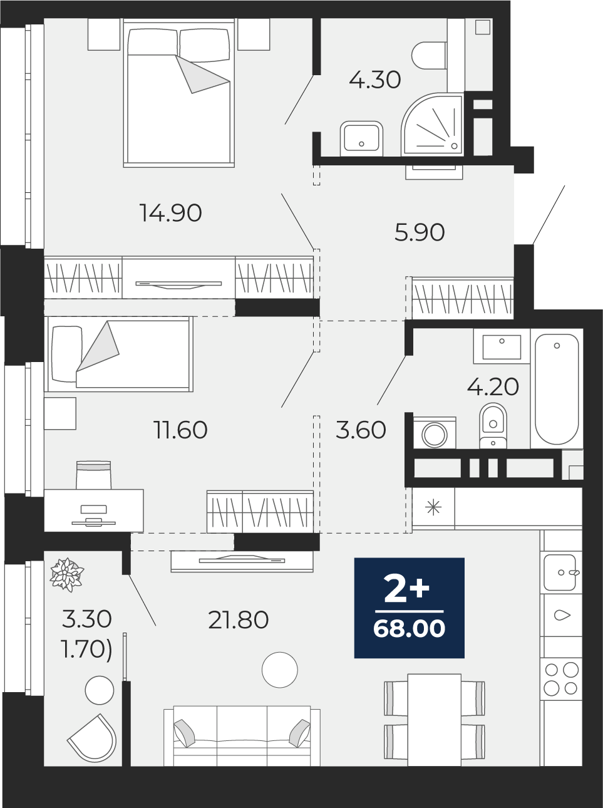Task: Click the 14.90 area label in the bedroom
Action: click(x=171, y=213)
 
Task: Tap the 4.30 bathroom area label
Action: click(x=374, y=80)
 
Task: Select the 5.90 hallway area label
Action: click(x=420, y=232)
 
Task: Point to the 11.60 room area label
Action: click(x=180, y=430)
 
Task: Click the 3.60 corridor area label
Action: click(x=361, y=430)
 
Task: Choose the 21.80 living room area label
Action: click(x=238, y=619)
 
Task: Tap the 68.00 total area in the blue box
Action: click(x=409, y=628)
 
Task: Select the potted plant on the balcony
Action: click(x=67, y=574)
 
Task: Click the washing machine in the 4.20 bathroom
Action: click(x=435, y=433)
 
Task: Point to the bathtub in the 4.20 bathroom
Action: click(x=557, y=389)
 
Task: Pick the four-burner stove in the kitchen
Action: click(x=561, y=678)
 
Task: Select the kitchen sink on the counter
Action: click(x=560, y=572)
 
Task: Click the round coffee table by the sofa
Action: click(x=280, y=670)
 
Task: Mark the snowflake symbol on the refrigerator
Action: click(x=433, y=509)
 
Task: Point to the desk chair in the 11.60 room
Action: click(x=93, y=475)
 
